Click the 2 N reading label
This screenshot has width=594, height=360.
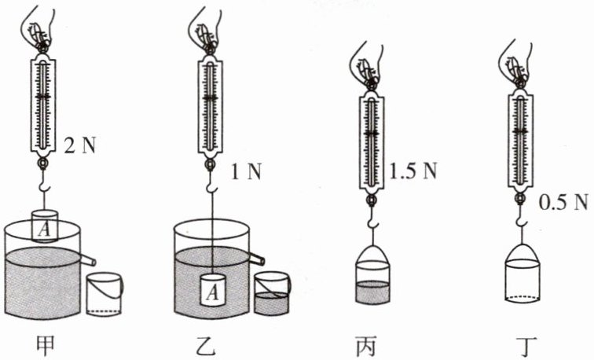(80, 145)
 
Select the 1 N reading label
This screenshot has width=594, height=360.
(246, 172)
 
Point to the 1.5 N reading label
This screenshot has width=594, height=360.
(413, 171)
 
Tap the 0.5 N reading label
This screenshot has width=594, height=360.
(563, 202)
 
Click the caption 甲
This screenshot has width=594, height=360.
(45, 346)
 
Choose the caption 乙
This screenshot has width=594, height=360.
(207, 346)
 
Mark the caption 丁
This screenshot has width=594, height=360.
(526, 346)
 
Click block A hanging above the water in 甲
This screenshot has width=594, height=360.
(45, 226)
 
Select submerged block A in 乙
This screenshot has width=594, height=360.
(212, 290)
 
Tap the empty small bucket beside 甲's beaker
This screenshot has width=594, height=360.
(104, 294)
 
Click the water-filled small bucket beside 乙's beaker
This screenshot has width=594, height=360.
(272, 293)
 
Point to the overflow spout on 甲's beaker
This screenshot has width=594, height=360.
(88, 260)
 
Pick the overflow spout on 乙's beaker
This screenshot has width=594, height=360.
(256, 259)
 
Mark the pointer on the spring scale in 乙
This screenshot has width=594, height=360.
(211, 97)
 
